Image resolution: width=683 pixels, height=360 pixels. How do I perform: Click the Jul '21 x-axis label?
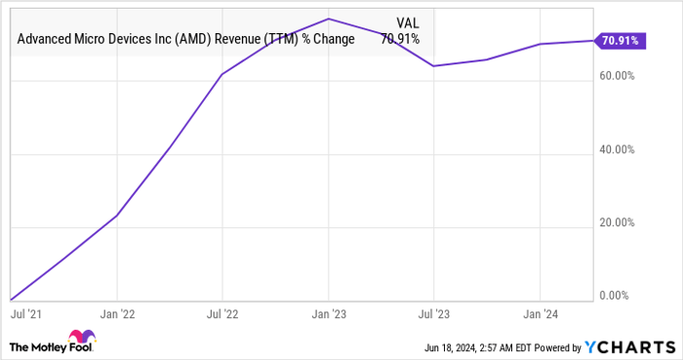pos(25,317)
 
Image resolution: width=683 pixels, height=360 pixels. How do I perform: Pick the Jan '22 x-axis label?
pos(117,317)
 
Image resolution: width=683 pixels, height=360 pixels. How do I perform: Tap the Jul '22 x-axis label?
pos(223,317)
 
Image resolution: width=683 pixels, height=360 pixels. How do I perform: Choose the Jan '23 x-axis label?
pos(329,317)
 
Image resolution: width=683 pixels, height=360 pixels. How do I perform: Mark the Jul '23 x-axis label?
pos(434,317)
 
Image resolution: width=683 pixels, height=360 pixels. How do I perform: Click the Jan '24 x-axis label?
pos(540,317)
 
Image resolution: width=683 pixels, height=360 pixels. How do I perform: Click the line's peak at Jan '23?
pos(329,19)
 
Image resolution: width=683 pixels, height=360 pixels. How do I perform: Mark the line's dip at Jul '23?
pos(434,66)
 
